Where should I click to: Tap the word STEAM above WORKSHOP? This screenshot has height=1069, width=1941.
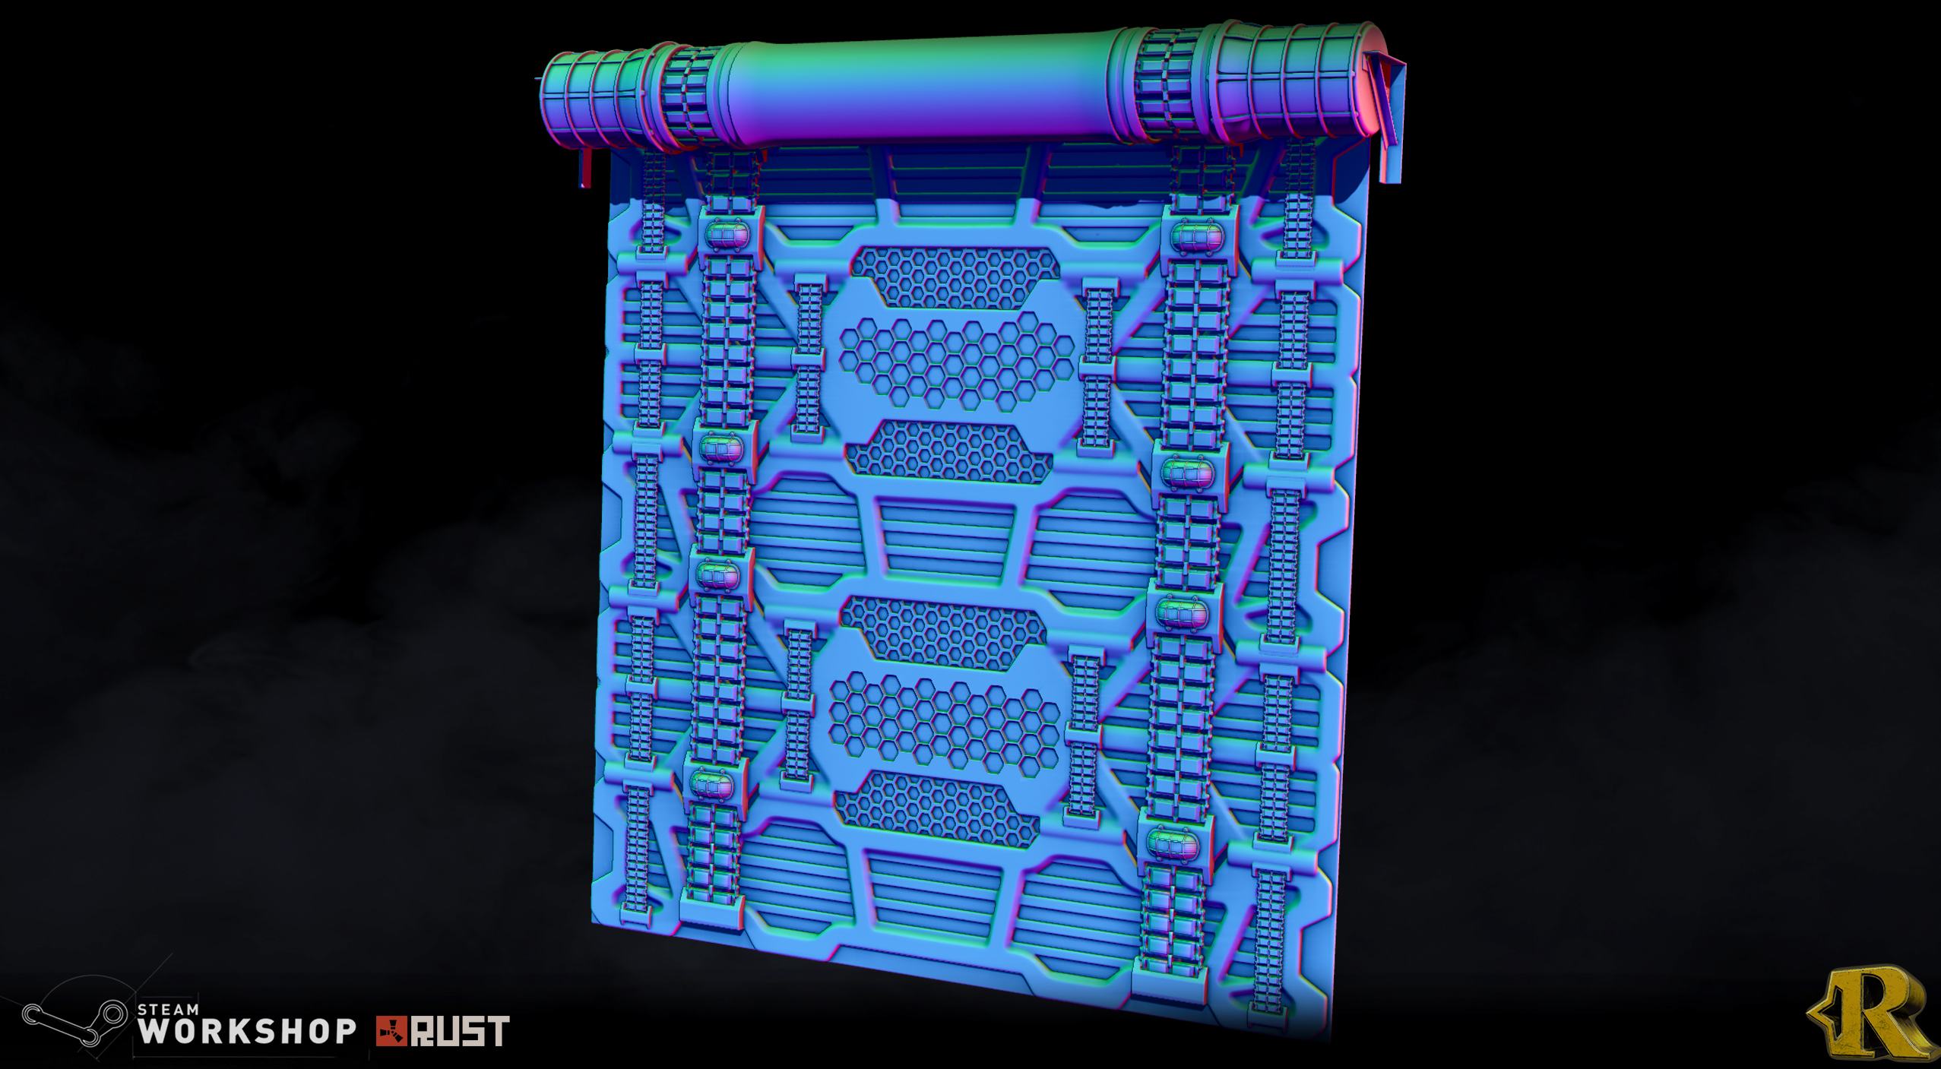(168, 1010)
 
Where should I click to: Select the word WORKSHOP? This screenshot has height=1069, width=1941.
(247, 1031)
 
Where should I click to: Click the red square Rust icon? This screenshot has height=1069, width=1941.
(391, 1031)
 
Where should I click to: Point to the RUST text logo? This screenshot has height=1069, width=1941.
(460, 1031)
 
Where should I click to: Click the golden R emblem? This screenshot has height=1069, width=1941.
(1871, 1012)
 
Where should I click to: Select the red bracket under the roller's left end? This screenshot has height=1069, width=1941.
(584, 167)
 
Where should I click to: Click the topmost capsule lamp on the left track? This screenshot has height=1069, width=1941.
(727, 235)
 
